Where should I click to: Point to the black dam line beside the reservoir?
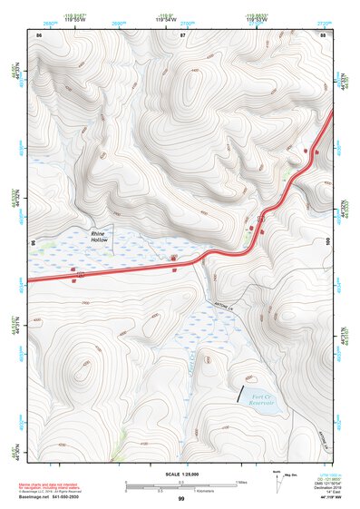coord(241,393)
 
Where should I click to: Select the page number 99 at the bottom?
coord(181,499)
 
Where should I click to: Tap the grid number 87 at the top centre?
coord(182,34)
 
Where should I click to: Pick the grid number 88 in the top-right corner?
coord(324,34)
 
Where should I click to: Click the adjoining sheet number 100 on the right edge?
coord(329,242)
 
